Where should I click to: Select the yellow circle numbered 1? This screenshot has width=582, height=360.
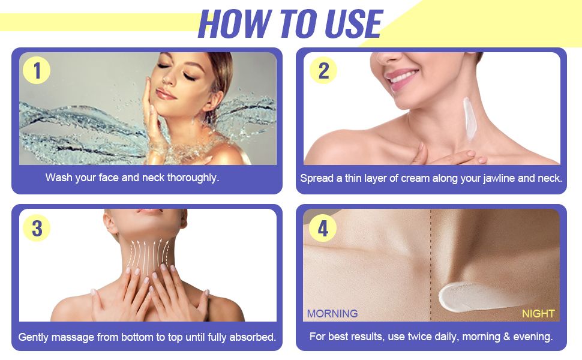pos(37,71)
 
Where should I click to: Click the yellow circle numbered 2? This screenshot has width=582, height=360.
pos(323,71)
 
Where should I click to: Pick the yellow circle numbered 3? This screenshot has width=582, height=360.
pos(37,228)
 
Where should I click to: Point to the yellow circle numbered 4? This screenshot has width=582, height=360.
pos(323,228)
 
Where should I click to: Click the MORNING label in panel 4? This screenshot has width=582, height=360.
pos(332,314)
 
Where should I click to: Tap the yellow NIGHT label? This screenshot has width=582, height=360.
pos(538,314)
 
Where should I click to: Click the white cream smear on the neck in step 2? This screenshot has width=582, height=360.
pos(469,119)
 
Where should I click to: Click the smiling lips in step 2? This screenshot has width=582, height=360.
pos(401,79)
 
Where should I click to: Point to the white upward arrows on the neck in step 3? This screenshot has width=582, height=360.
pos(148,256)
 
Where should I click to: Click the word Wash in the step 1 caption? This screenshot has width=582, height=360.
pos(59,178)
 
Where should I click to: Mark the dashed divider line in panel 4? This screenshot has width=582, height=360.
pos(431,265)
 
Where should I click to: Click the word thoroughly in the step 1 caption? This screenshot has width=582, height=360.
pos(193,178)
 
